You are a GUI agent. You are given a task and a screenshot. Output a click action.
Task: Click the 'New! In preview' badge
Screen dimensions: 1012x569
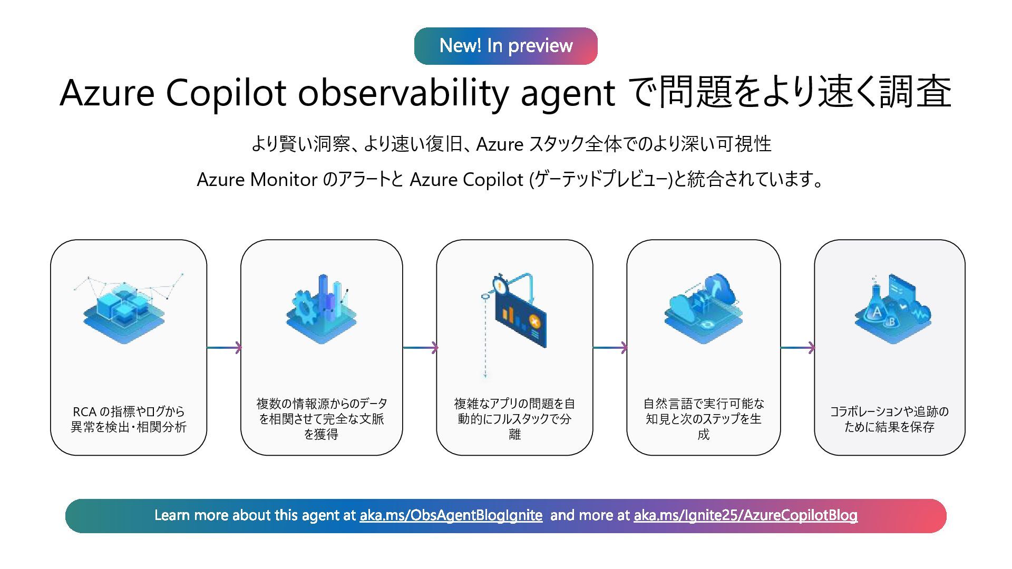pos(505,46)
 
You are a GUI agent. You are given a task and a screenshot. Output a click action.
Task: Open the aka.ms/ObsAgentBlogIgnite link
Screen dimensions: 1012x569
pos(451,515)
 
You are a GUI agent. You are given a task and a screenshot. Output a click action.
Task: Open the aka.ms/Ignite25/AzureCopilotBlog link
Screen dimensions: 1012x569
pos(745,515)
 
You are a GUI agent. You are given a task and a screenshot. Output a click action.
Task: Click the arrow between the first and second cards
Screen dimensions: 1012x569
pos(224,348)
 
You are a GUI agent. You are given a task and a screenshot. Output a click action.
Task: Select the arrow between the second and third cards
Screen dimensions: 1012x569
pos(420,348)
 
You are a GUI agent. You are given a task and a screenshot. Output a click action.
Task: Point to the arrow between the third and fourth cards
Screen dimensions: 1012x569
pos(610,348)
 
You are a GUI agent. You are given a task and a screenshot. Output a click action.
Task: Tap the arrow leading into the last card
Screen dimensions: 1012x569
pos(797,348)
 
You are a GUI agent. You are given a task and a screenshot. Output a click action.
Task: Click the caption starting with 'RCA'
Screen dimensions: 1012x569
pos(129,419)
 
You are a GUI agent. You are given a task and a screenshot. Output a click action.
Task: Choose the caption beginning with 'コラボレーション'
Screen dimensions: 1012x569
pos(889,419)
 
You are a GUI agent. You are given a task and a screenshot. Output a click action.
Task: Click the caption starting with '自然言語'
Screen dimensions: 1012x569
pos(704,419)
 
